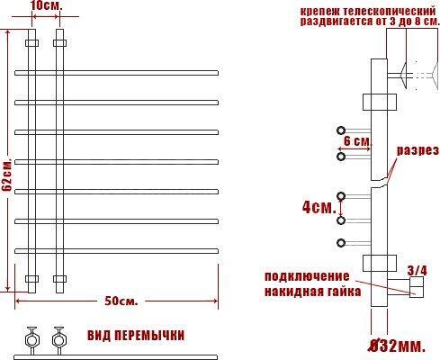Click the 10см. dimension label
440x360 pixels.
click(x=46, y=6)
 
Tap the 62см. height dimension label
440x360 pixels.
click(x=6, y=175)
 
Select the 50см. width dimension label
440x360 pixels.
click(x=121, y=301)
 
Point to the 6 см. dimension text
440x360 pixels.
click(x=357, y=141)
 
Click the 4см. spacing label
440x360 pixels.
click(x=319, y=207)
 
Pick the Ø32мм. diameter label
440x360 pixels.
click(x=397, y=346)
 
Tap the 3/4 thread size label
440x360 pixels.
click(x=417, y=271)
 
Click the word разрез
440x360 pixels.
click(x=418, y=150)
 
